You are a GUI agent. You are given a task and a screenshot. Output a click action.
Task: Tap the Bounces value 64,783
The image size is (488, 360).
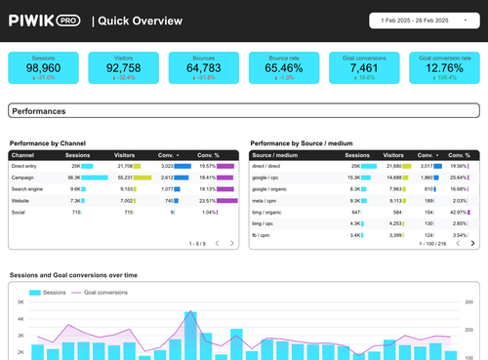(x=203, y=68)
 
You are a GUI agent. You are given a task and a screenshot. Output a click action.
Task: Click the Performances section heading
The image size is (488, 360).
(x=39, y=112)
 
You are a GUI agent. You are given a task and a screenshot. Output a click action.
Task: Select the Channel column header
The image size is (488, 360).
(x=22, y=155)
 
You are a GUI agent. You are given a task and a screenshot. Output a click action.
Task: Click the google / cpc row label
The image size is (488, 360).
(x=266, y=178)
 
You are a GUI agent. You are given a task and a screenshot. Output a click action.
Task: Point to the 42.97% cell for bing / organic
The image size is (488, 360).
(x=458, y=211)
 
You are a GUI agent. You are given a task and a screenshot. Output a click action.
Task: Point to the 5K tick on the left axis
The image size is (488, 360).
(x=19, y=302)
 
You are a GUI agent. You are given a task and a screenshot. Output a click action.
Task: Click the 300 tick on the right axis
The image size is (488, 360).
(x=468, y=302)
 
